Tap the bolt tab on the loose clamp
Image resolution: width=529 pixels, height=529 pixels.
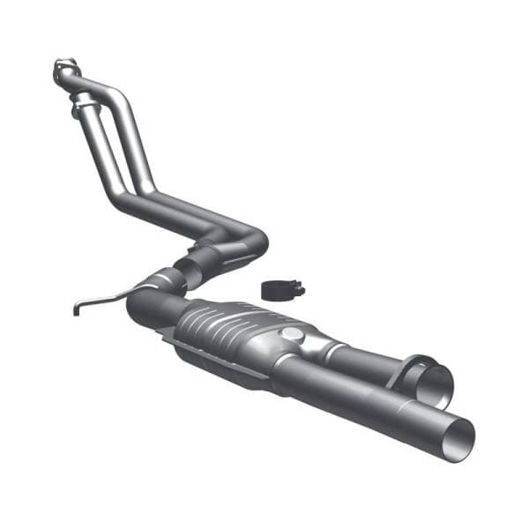(x=298, y=287)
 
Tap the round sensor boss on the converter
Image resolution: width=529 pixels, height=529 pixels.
(x=290, y=334)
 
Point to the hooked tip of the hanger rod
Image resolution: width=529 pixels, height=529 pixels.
(x=76, y=309)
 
